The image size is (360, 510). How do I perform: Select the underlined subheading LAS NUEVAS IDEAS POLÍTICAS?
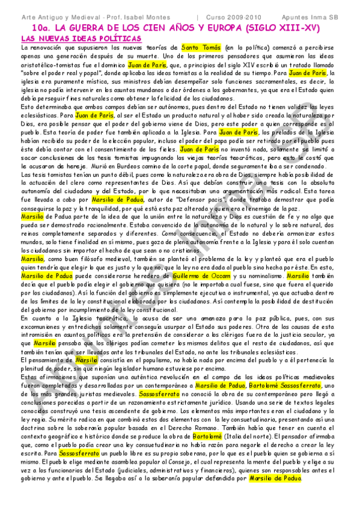(x=81, y=38)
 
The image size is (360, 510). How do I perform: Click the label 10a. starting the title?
(x=41, y=28)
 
